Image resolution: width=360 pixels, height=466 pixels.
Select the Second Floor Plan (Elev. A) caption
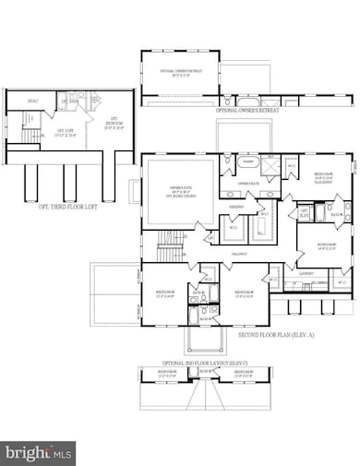pyautogui.click(x=274, y=335)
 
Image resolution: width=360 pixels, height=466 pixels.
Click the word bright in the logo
pyautogui.click(x=28, y=452)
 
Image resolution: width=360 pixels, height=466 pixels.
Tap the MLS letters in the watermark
pyautogui.click(x=62, y=452)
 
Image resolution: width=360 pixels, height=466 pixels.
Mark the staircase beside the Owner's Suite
pyautogui.click(x=169, y=244)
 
